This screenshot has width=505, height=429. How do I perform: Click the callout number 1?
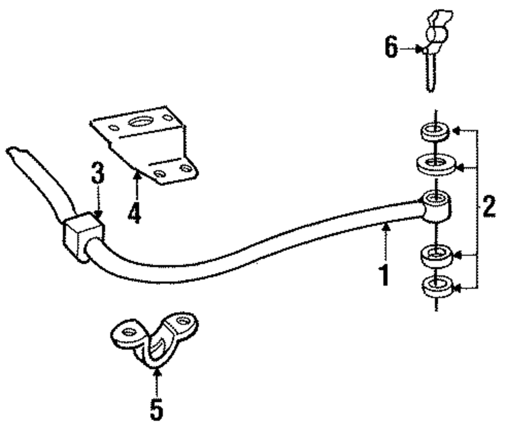[x=385, y=273]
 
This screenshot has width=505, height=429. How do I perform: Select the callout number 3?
[x=97, y=175]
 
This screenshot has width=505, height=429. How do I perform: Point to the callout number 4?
[x=134, y=211]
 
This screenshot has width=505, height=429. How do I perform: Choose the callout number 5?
[x=157, y=408]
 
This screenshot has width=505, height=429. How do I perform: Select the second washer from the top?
[x=435, y=164]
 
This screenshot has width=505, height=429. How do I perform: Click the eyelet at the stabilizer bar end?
[x=435, y=203]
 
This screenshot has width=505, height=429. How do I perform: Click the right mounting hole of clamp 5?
[x=181, y=321]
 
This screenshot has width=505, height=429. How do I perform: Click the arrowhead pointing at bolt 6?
[x=419, y=49]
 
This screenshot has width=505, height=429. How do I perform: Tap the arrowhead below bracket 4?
[x=135, y=175]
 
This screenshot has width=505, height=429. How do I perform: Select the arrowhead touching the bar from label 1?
[x=386, y=228]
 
